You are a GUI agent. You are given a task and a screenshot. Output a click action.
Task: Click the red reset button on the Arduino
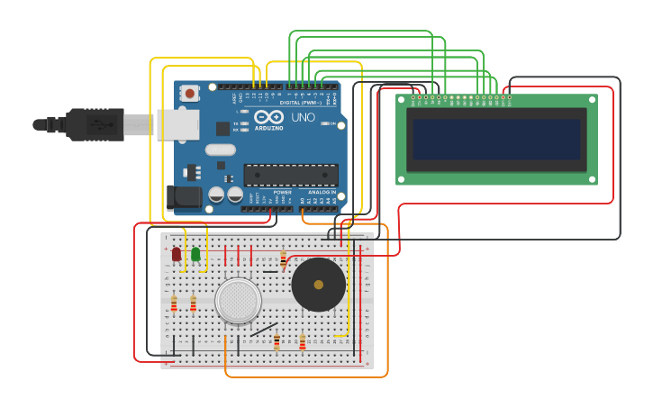tap(189, 93)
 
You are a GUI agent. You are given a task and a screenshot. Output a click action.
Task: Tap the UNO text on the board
tap(303, 117)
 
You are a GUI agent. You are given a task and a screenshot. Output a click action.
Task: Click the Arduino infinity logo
tap(268, 117)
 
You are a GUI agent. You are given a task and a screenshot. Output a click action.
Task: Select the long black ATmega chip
tap(291, 175)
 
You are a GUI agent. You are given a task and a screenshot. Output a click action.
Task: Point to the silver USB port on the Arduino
tap(177, 125)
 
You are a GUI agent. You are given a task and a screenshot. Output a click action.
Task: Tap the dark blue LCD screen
tap(496, 140)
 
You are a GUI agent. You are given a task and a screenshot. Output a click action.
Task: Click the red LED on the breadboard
tap(177, 255)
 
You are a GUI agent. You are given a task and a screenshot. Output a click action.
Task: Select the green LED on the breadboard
tap(195, 255)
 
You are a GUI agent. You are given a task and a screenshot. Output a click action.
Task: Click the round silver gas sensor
tap(239, 301)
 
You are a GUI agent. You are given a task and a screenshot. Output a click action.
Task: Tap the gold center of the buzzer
tap(318, 285)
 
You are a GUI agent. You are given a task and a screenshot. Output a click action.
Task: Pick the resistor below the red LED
tap(174, 304)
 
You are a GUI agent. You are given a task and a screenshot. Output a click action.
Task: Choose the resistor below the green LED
tap(193, 304)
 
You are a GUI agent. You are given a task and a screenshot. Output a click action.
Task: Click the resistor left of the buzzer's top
tap(283, 260)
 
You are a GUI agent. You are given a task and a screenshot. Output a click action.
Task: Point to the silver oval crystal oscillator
tap(220, 150)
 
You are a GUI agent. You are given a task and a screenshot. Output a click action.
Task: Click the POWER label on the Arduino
tap(282, 193)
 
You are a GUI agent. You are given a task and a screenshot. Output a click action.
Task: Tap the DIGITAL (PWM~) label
tap(296, 103)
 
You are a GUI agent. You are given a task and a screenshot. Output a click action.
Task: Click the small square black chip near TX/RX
tap(222, 129)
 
